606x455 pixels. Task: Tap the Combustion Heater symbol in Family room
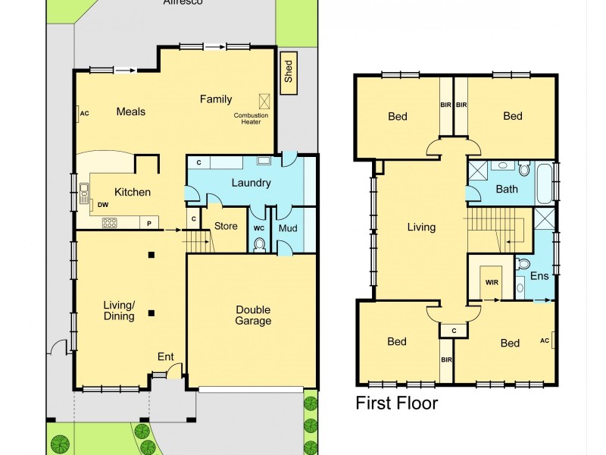pos(264,101)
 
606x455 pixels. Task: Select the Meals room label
pos(130,111)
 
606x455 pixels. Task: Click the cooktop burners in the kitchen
pos(110,222)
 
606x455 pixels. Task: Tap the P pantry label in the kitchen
pos(149,223)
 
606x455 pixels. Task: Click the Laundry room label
pos(251,183)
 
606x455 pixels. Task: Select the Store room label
pos(226,226)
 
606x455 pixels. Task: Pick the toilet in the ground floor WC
pos(259,243)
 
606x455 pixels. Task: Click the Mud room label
pos(287,227)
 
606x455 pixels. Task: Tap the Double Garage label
pos(253,315)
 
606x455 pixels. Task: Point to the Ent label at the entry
pos(165,356)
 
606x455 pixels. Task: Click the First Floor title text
pos(396,403)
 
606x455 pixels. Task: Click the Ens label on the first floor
pos(539,276)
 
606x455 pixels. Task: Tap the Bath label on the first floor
pos(507,189)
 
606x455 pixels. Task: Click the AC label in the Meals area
pos(84,114)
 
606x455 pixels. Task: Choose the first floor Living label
pos(421,227)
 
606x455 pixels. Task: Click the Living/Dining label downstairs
pos(119,310)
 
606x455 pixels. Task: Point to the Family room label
pos(216,99)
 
